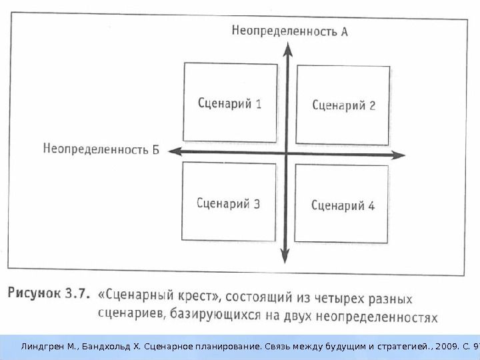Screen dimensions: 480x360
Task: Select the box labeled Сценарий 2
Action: pyautogui.click(x=343, y=105)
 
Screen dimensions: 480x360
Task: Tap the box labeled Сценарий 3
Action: pyautogui.click(x=229, y=203)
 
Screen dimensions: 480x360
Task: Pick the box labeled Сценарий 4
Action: pyautogui.click(x=342, y=205)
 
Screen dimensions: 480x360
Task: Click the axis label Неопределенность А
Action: pyautogui.click(x=290, y=30)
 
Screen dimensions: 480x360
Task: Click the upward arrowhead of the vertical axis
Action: pyautogui.click(x=287, y=48)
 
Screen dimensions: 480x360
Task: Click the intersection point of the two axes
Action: pyautogui.click(x=286, y=153)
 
